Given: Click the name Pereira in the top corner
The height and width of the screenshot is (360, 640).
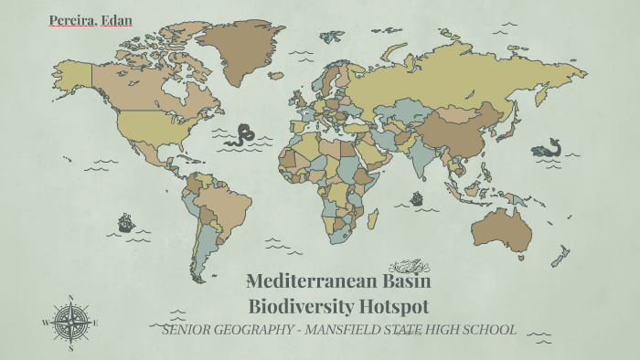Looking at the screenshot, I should click(70, 19).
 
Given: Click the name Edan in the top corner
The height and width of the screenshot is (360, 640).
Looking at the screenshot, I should click(115, 19).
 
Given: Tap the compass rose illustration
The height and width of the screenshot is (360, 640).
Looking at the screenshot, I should click(69, 322).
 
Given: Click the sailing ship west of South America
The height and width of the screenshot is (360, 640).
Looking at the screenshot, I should click(126, 222).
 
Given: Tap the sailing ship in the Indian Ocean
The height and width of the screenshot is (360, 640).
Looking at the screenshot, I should click(417, 198).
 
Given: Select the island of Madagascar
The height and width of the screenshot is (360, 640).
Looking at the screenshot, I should click(373, 218).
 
